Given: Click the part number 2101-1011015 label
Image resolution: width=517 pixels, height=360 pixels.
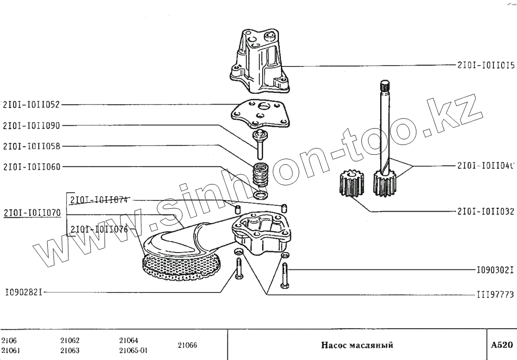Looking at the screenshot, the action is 486,66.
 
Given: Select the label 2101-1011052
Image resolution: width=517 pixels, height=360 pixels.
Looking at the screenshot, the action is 31,104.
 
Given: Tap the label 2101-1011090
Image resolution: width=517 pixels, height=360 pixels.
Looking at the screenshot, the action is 31,125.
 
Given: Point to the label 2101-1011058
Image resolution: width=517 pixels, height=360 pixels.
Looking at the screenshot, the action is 31,146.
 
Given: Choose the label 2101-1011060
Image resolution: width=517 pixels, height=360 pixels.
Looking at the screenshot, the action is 31,167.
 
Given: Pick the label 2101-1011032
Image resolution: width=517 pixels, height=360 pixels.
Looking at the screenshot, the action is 486,211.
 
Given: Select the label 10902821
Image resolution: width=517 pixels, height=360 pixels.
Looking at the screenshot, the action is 25,292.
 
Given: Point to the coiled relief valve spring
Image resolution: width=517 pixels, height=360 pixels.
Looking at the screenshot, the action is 261,176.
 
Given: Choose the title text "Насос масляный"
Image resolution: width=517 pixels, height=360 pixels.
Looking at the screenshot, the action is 357,345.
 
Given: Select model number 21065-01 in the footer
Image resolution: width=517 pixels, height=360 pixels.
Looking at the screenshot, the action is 133,350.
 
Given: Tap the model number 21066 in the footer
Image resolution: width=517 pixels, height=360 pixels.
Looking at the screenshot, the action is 187,345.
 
